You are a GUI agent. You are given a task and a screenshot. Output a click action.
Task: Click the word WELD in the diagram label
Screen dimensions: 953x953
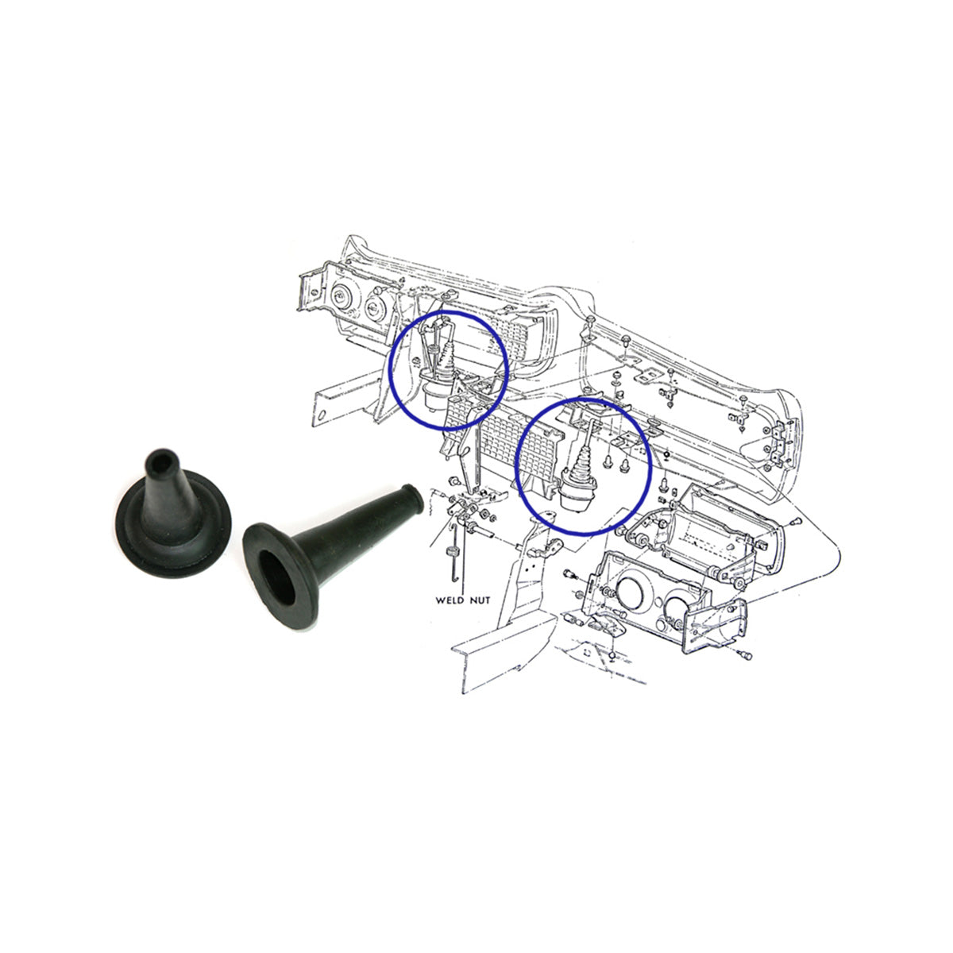449,600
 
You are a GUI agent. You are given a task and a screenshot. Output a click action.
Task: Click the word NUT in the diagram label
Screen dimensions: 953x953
480,600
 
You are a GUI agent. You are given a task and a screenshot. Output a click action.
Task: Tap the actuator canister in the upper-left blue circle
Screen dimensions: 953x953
437,394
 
